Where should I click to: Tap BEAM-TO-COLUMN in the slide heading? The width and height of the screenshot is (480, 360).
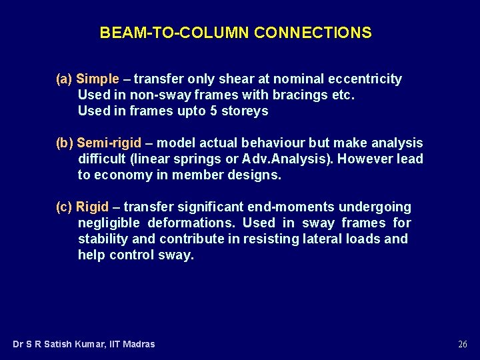click(x=175, y=33)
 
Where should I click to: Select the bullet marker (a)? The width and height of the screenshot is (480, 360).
click(x=64, y=79)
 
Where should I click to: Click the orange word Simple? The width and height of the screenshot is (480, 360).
click(x=97, y=79)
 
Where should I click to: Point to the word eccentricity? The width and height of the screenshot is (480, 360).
click(x=363, y=79)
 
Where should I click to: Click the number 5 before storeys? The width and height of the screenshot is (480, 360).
click(x=213, y=111)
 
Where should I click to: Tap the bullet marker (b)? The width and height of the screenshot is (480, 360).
click(x=64, y=143)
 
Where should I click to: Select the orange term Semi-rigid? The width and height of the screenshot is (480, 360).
click(x=109, y=143)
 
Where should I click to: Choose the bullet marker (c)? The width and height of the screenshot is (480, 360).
click(x=64, y=207)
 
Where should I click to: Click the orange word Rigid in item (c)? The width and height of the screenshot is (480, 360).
click(x=92, y=207)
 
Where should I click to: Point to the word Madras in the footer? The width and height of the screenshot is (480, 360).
click(x=138, y=345)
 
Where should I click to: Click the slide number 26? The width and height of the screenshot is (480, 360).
click(x=463, y=345)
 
